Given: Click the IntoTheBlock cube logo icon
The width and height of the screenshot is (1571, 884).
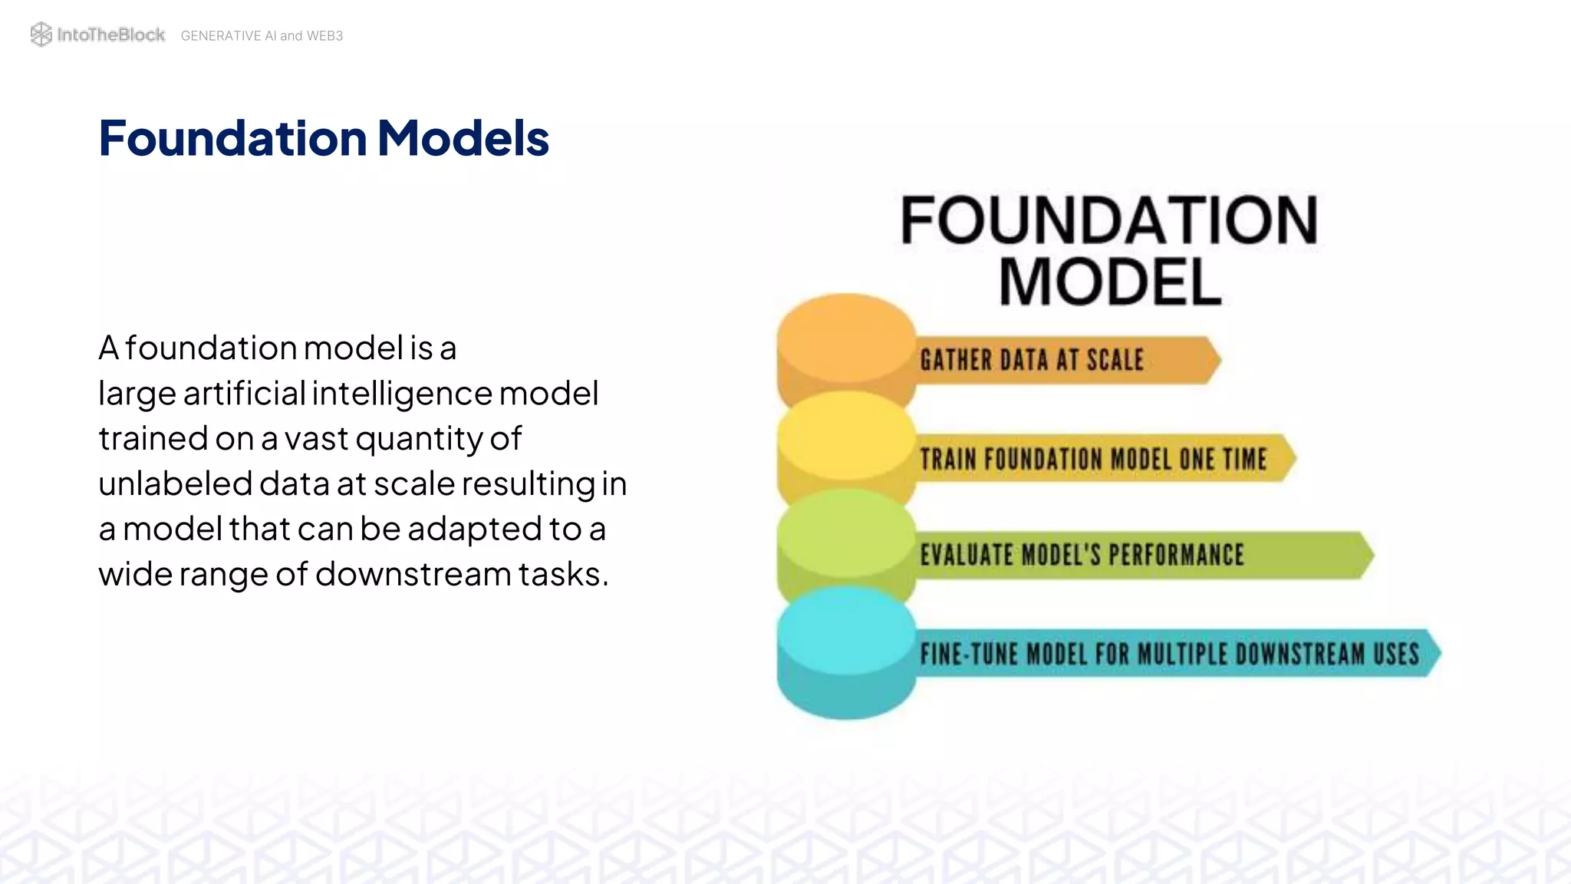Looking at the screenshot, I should click(x=41, y=35).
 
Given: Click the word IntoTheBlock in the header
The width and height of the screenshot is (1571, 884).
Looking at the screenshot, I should click(x=110, y=35).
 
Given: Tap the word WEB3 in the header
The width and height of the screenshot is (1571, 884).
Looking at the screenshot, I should click(x=324, y=36).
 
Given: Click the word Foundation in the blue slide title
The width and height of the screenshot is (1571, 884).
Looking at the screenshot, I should click(x=232, y=138).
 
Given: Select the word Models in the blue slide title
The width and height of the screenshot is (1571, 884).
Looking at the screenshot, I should click(x=463, y=138).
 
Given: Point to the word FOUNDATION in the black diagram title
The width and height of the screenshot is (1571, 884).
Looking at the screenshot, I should click(x=1108, y=221).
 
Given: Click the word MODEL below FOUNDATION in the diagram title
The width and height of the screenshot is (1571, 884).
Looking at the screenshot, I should click(x=1109, y=282).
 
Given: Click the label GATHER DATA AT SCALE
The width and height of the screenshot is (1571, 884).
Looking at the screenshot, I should click(x=1032, y=360).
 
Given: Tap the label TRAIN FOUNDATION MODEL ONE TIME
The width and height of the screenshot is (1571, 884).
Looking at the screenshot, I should click(x=1093, y=459).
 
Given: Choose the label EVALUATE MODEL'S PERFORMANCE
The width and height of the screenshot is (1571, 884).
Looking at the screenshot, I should click(x=1082, y=555).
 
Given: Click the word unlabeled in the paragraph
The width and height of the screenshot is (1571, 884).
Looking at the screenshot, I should click(x=175, y=483).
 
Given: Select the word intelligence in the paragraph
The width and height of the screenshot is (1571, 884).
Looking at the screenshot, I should click(x=402, y=393).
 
